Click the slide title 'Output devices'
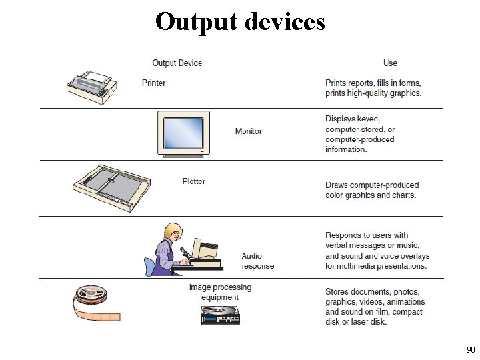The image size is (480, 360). pos(240,21)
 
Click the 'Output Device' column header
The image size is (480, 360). pos(177,63)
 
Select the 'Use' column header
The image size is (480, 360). pos(390,63)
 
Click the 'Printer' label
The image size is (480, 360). pos(154,83)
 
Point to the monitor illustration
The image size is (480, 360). pos(182,133)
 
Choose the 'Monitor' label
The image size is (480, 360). pos(249,131)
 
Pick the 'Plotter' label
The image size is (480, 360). pos(194,181)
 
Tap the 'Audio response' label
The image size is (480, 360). pos(257,261)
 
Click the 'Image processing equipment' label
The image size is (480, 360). pos(220,292)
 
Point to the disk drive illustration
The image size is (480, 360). pos(220,315)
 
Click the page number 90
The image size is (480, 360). pos(471,349)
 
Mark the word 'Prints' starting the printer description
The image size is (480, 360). pos(336,83)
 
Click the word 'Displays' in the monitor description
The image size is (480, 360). pos(341,119)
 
